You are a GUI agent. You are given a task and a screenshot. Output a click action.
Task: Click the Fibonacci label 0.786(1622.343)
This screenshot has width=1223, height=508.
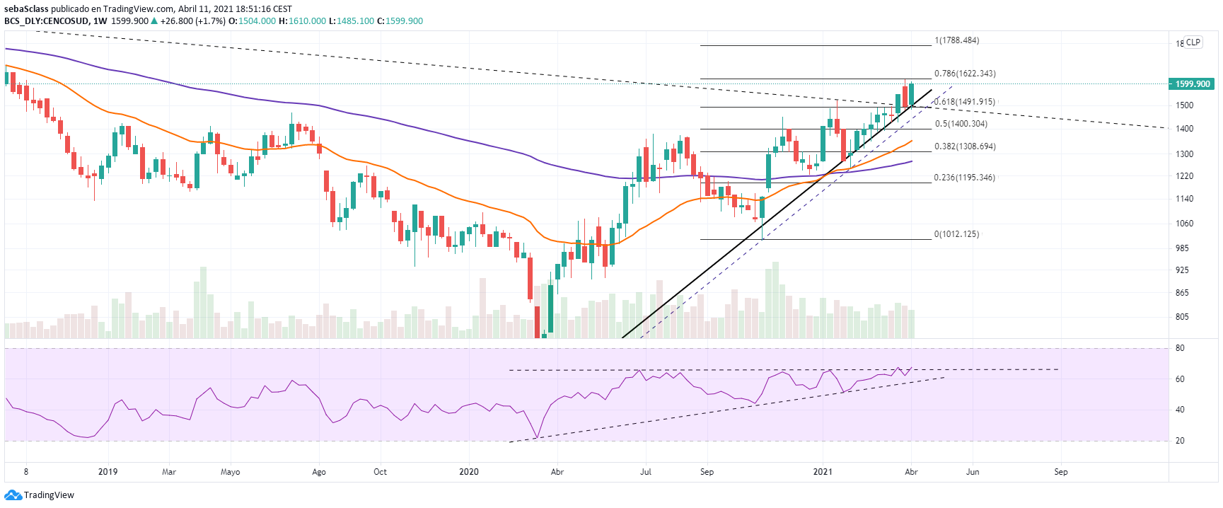pyautogui.click(x=965, y=74)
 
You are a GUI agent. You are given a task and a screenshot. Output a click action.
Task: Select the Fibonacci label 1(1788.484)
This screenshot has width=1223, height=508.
pyautogui.click(x=957, y=40)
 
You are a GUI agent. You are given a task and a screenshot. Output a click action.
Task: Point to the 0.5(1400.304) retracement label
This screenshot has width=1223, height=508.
pyautogui.click(x=961, y=124)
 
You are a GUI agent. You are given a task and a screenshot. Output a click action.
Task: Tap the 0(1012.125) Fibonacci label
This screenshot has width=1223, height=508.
pyautogui.click(x=956, y=234)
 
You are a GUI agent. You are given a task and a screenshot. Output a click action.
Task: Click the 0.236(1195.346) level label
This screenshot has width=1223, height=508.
pyautogui.click(x=964, y=178)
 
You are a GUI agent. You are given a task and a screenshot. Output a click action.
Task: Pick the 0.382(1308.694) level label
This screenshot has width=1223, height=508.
pyautogui.click(x=965, y=146)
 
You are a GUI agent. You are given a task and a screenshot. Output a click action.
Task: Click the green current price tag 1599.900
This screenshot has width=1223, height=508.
pyautogui.click(x=1192, y=84)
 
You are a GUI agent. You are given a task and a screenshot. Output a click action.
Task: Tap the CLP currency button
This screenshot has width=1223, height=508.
pyautogui.click(x=1193, y=42)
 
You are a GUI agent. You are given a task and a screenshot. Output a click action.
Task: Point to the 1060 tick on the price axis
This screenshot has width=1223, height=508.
pyautogui.click(x=1184, y=224)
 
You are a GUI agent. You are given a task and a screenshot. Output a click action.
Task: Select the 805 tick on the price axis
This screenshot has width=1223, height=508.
pyautogui.click(x=1182, y=317)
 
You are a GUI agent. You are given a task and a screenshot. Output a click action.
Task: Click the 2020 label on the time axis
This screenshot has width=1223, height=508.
pyautogui.click(x=469, y=472)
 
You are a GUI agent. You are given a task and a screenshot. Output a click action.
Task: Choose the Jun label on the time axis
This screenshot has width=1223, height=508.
pyautogui.click(x=973, y=472)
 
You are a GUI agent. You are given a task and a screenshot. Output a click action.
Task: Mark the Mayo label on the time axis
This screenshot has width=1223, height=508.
pyautogui.click(x=231, y=472)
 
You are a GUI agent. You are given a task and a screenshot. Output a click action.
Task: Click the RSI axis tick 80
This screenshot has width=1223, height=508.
pyautogui.click(x=1180, y=348)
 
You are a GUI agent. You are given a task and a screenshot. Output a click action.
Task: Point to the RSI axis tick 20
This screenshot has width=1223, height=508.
pyautogui.click(x=1180, y=441)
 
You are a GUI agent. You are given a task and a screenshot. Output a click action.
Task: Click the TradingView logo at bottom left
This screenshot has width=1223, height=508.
pyautogui.click(x=40, y=495)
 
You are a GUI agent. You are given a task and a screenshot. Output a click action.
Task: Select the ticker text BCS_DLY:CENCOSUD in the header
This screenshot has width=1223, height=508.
pyautogui.click(x=47, y=21)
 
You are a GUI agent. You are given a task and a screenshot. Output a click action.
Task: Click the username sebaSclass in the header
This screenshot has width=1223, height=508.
pyautogui.click(x=27, y=9)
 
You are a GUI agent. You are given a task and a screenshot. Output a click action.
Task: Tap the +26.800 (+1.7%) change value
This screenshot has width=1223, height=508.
pyautogui.click(x=192, y=21)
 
